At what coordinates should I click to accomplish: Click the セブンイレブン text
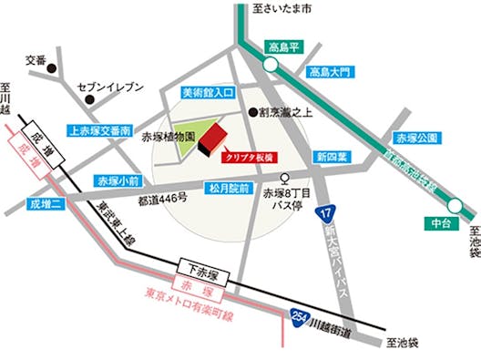click(x=111, y=87)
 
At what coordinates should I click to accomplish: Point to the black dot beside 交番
click(x=54, y=68)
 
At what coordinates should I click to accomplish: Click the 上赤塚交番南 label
click(x=100, y=130)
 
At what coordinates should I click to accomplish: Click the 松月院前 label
click(x=226, y=190)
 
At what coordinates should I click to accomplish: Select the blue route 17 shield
click(x=324, y=214)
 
